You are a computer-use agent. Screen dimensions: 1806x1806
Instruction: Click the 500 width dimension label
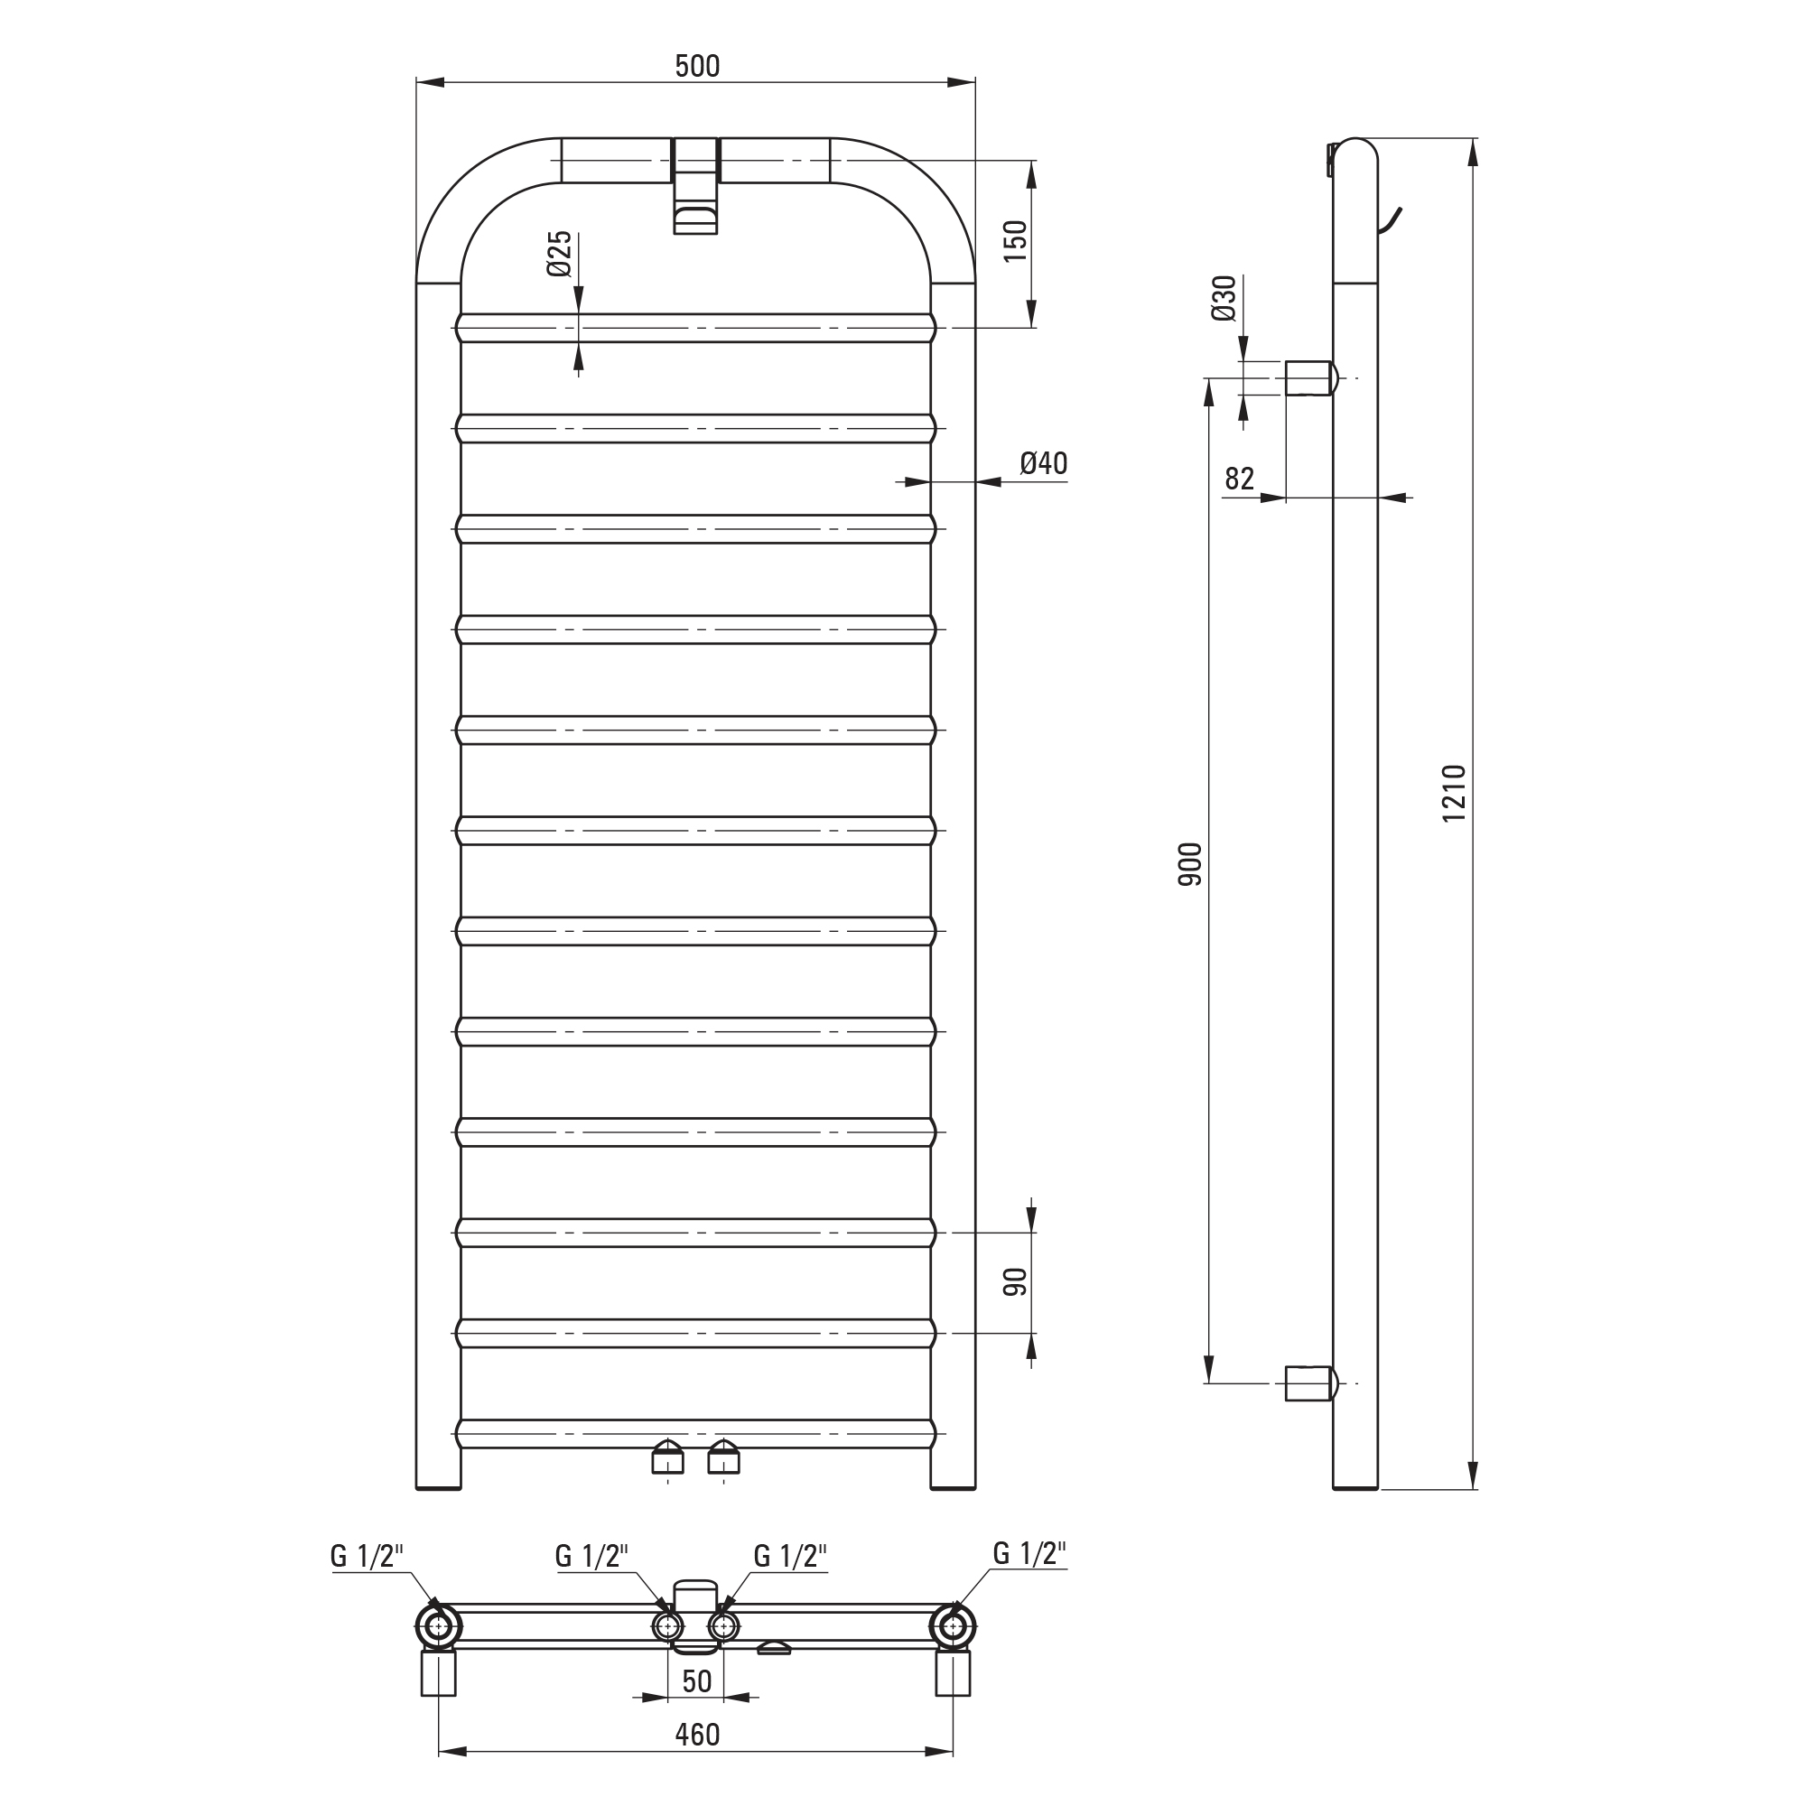click(697, 66)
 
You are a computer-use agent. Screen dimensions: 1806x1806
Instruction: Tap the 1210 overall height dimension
click(1455, 793)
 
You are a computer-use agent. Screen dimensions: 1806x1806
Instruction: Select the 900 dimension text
click(1190, 865)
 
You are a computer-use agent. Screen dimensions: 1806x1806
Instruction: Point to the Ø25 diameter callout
click(559, 255)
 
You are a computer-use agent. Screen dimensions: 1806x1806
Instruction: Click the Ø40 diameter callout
click(1043, 462)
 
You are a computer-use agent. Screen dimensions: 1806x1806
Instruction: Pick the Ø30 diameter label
click(1224, 298)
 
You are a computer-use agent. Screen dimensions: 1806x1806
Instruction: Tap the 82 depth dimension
click(1240, 479)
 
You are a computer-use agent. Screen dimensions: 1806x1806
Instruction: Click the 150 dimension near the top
click(1015, 241)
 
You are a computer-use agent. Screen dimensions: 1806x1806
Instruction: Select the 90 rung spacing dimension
click(1015, 1281)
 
